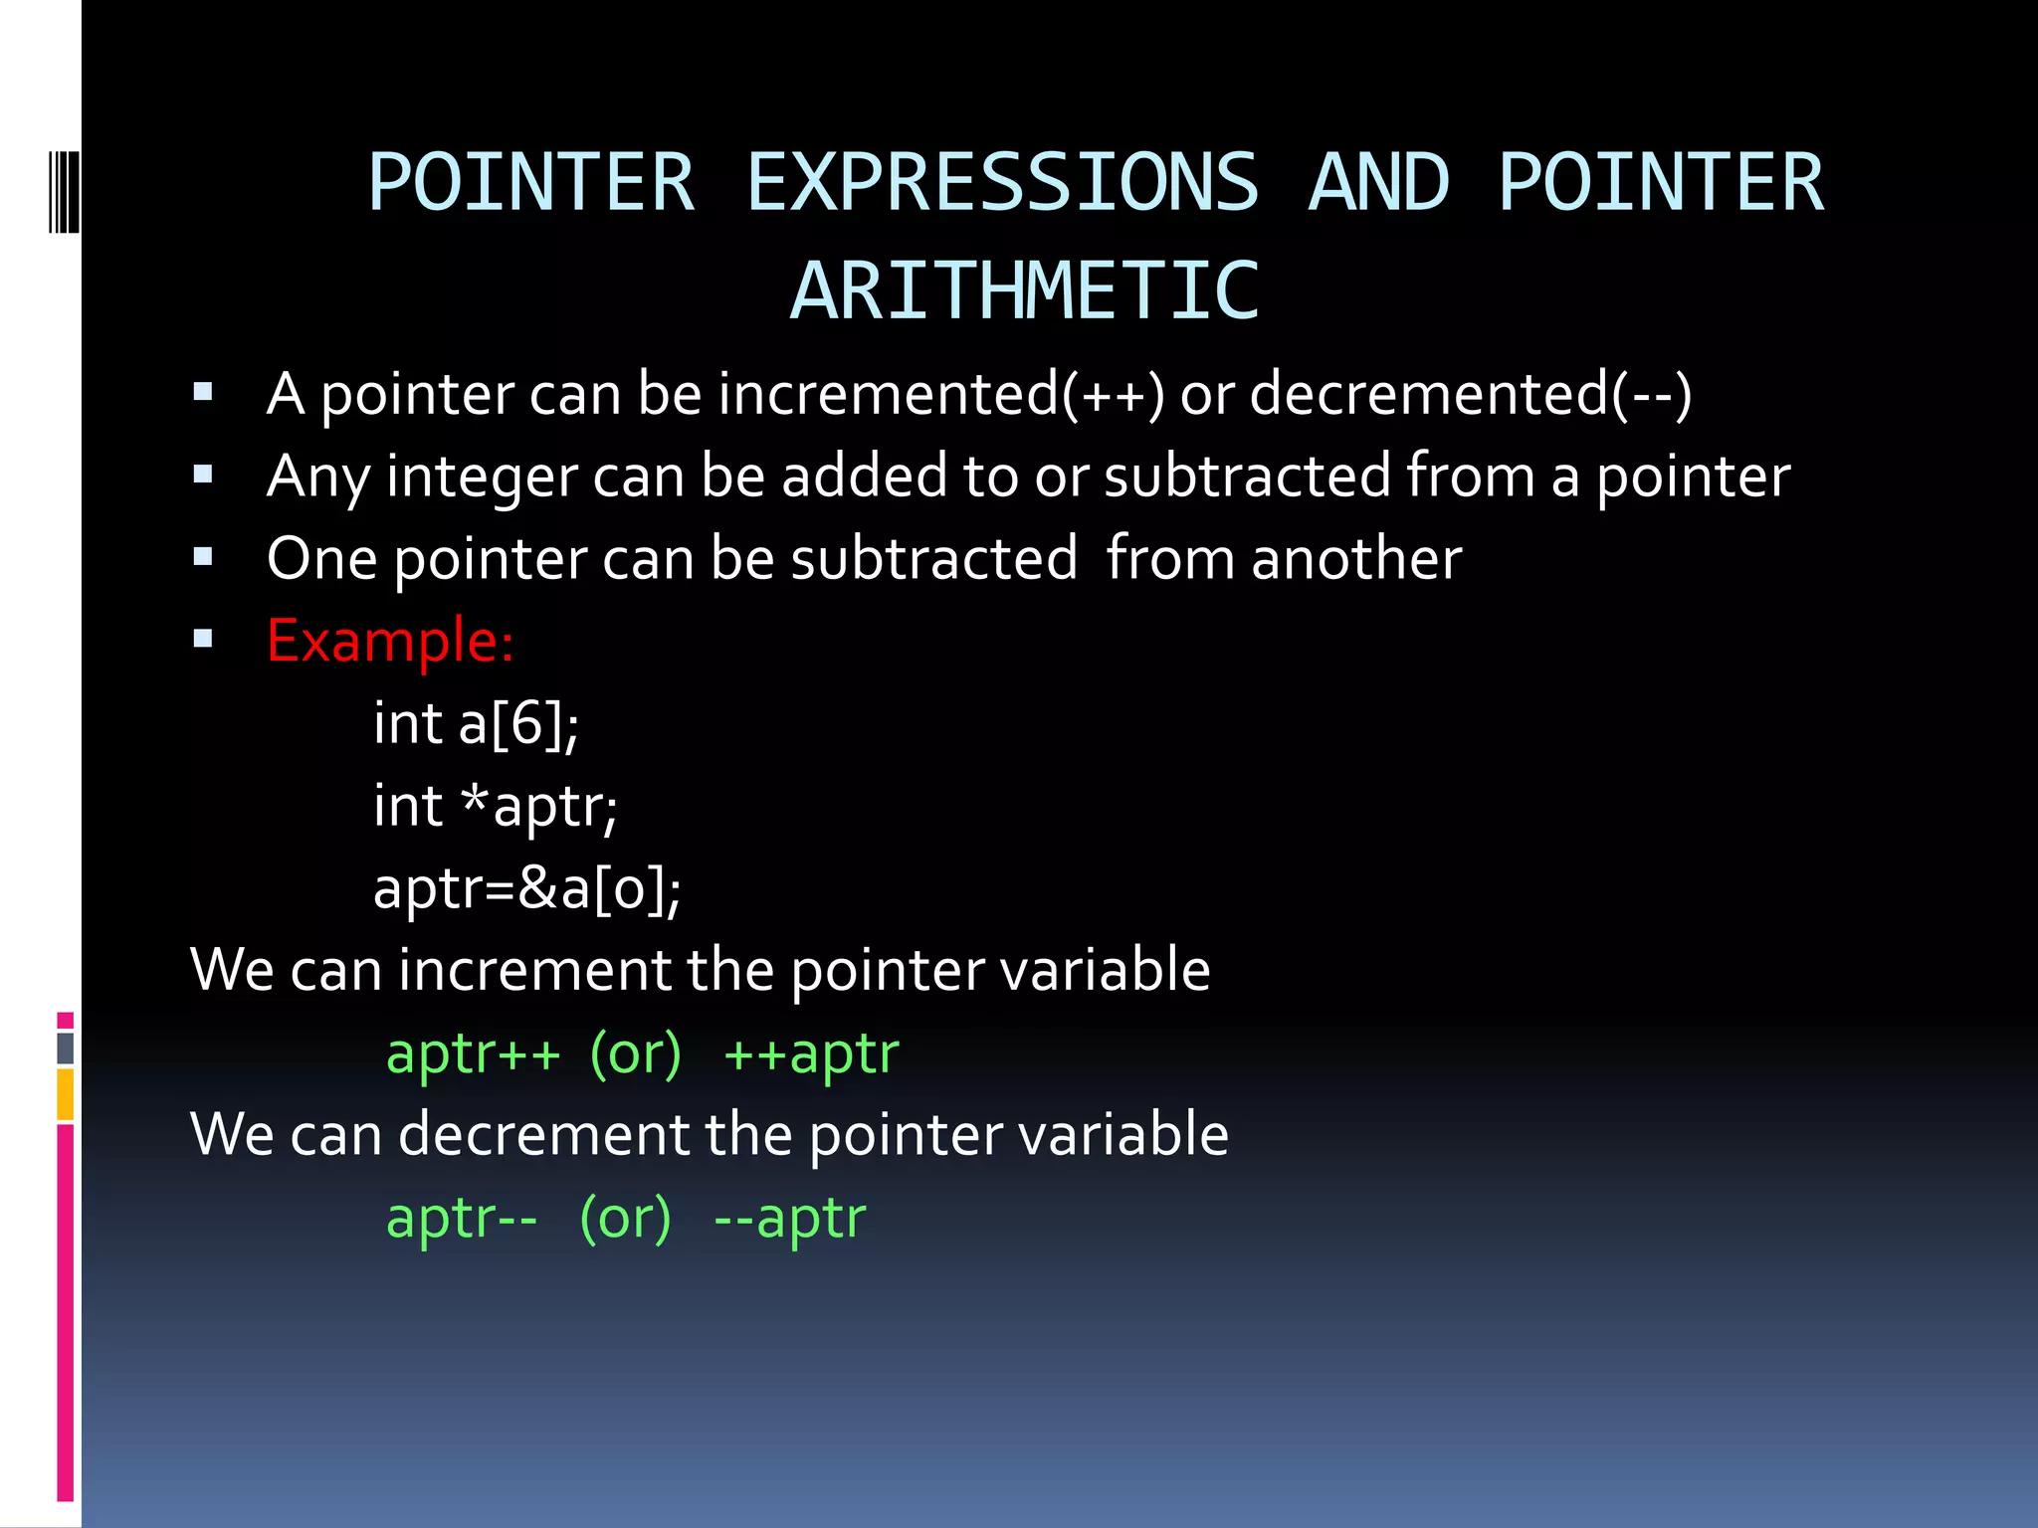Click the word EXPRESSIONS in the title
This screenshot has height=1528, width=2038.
click(x=1002, y=183)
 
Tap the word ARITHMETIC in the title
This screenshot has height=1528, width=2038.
click(x=1025, y=291)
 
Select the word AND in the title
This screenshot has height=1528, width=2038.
click(x=1378, y=183)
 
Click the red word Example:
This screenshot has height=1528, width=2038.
click(x=390, y=640)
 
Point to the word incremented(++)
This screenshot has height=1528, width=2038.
click(x=941, y=394)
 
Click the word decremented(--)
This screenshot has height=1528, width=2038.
click(x=1470, y=394)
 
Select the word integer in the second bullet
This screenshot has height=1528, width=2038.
click(x=482, y=477)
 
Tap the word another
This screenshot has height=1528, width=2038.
click(x=1356, y=559)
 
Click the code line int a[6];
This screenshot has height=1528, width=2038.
click(x=476, y=723)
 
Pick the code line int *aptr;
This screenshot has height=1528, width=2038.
click(x=495, y=806)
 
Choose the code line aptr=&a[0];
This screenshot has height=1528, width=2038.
click(x=526, y=888)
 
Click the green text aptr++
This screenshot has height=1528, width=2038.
click(x=473, y=1053)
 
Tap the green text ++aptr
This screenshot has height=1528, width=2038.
click(x=811, y=1053)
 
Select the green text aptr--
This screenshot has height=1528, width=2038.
click(x=462, y=1218)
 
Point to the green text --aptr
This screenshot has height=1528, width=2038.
click(x=790, y=1218)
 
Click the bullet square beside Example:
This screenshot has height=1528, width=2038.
click(x=203, y=639)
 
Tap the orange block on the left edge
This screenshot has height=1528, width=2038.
click(x=66, y=1094)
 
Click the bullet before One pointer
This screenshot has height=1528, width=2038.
click(x=203, y=556)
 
